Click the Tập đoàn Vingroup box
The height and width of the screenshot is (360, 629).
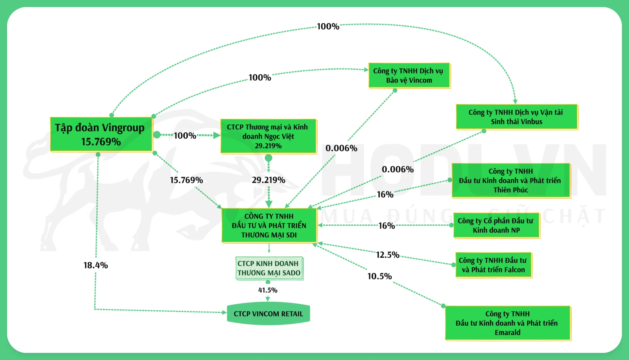click(x=101, y=134)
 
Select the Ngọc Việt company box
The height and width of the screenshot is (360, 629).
click(x=268, y=136)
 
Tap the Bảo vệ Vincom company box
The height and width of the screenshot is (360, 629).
click(x=409, y=76)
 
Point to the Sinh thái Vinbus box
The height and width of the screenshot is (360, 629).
click(x=516, y=117)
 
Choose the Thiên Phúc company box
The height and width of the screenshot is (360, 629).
click(x=510, y=181)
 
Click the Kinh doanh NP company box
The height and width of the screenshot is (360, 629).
click(x=496, y=225)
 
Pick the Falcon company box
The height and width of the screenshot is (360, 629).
click(x=493, y=265)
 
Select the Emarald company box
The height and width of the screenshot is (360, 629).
click(x=507, y=323)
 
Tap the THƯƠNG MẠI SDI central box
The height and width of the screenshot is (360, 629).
click(x=269, y=226)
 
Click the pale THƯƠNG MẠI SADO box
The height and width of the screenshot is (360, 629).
click(x=269, y=268)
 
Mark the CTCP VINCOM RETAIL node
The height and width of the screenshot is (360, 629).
click(x=268, y=314)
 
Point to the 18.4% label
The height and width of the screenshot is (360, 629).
click(x=96, y=265)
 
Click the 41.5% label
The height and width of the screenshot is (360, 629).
click(x=268, y=290)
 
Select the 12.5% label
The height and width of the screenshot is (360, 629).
click(x=388, y=255)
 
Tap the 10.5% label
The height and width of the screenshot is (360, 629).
click(x=380, y=276)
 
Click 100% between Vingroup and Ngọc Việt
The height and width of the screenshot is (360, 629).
click(x=185, y=135)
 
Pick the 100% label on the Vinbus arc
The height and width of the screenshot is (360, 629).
click(x=328, y=26)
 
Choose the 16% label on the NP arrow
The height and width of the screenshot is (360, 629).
click(x=386, y=226)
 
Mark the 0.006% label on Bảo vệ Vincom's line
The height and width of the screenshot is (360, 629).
click(x=341, y=148)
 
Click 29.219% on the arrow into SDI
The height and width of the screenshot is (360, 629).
click(x=268, y=180)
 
